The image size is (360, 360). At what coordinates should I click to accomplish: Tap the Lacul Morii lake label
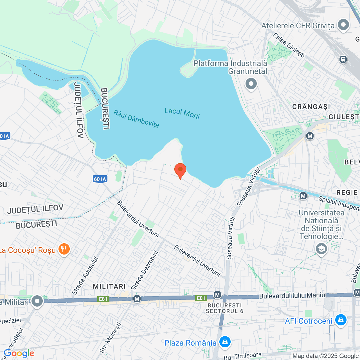[x=182, y=113]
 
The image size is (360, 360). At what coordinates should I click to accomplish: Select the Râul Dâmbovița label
[x=136, y=119]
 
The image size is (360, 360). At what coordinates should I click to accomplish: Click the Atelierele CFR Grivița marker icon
[x=343, y=25]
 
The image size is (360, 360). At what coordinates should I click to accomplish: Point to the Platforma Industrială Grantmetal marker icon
[x=251, y=84]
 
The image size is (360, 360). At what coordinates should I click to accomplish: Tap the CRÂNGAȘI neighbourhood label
[x=311, y=107]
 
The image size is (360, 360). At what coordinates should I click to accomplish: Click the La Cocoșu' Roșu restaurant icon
[x=64, y=249]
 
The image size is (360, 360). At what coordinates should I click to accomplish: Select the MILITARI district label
[x=109, y=286]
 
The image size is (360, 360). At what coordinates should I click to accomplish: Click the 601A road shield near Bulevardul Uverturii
[x=100, y=179]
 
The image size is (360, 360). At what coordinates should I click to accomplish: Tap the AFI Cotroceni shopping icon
[x=341, y=320]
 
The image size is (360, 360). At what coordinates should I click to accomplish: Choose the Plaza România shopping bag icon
[x=225, y=342]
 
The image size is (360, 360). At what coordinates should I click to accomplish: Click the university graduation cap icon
[x=321, y=249]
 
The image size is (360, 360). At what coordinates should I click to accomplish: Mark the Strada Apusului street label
[x=85, y=276]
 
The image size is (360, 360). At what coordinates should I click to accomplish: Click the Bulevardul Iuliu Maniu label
[x=292, y=296]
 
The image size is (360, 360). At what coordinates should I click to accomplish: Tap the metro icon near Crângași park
[x=310, y=136]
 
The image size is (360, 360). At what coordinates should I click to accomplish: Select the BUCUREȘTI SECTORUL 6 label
[x=224, y=308]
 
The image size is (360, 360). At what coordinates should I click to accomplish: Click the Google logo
[x=19, y=353]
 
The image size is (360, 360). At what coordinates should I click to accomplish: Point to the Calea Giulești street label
[x=289, y=45]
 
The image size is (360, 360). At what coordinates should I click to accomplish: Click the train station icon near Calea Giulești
[x=343, y=59]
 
